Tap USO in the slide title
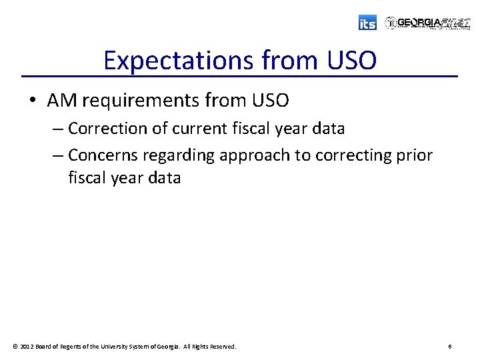(x=351, y=61)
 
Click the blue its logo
(x=367, y=23)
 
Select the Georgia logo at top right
(x=427, y=23)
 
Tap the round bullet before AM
(x=33, y=101)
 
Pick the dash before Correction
(x=57, y=128)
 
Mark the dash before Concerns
(x=57, y=155)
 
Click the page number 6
(x=450, y=347)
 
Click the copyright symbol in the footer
(x=15, y=347)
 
